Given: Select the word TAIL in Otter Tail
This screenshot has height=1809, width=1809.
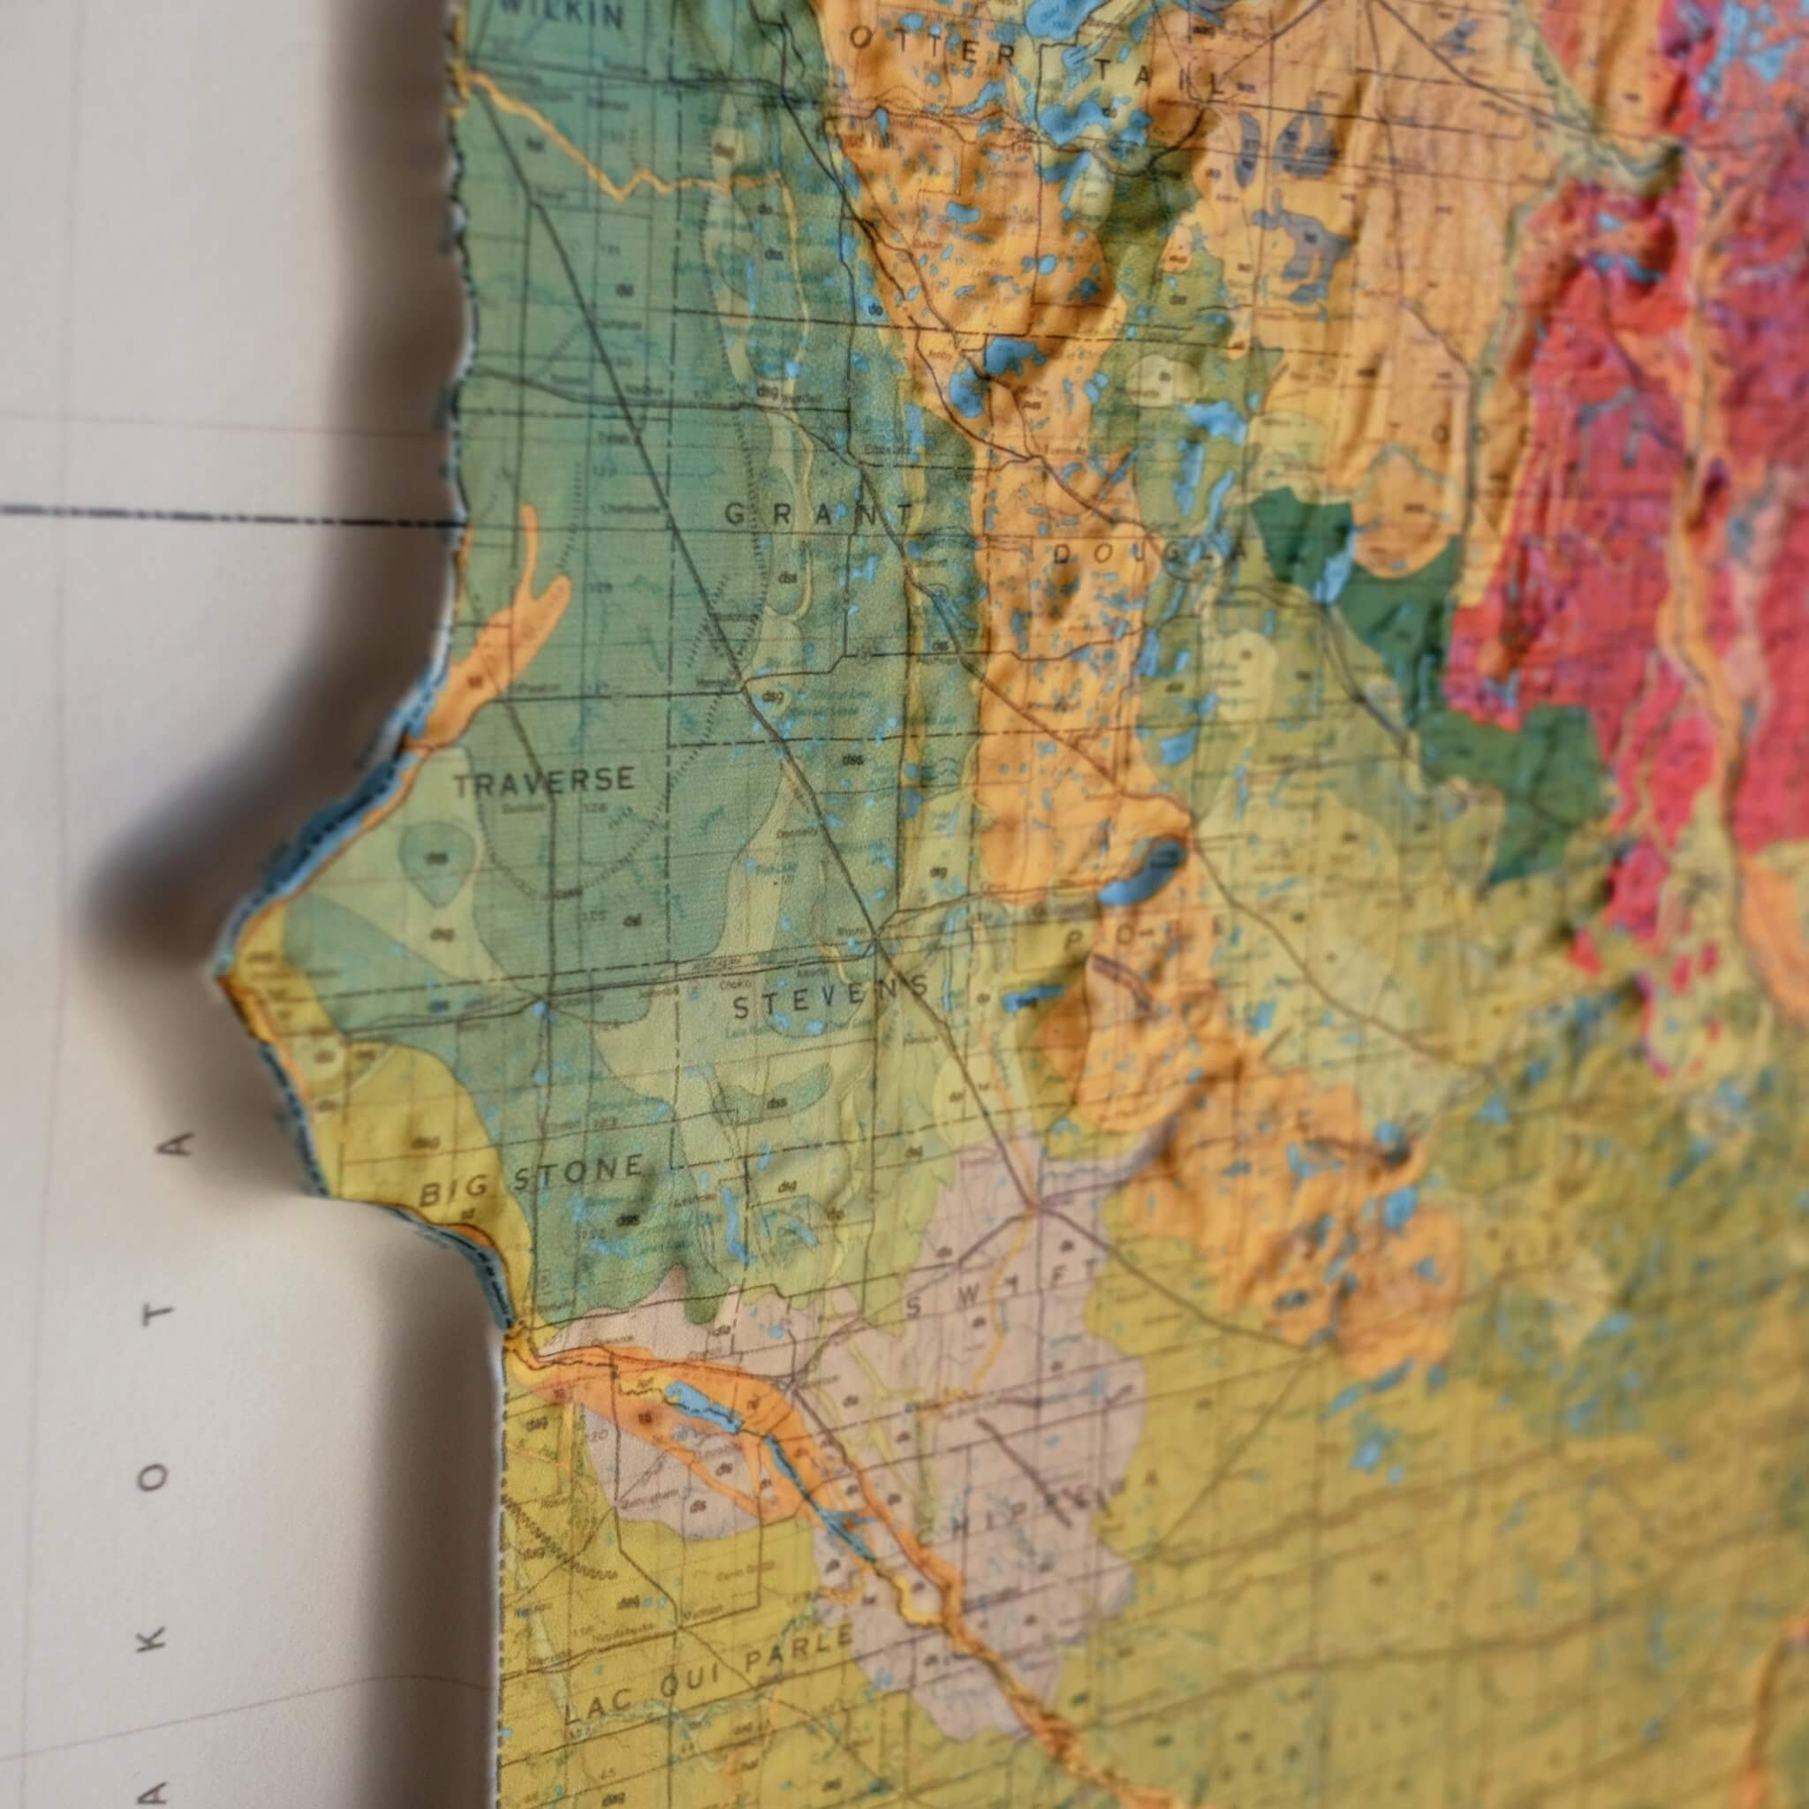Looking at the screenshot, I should pos(1160,75).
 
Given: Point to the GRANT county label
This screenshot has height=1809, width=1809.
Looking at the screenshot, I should pos(818,514).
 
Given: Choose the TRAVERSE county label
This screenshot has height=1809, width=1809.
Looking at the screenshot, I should pos(544,782).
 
